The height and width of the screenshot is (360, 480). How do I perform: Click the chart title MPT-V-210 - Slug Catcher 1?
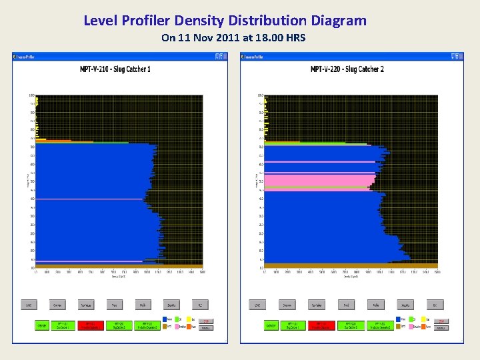[x=115, y=69]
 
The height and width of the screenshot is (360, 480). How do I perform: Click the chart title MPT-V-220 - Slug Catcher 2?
[x=347, y=69]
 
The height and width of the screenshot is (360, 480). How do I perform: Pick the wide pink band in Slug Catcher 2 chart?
[x=319, y=180]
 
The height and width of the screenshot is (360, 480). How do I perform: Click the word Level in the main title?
[x=101, y=21]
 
